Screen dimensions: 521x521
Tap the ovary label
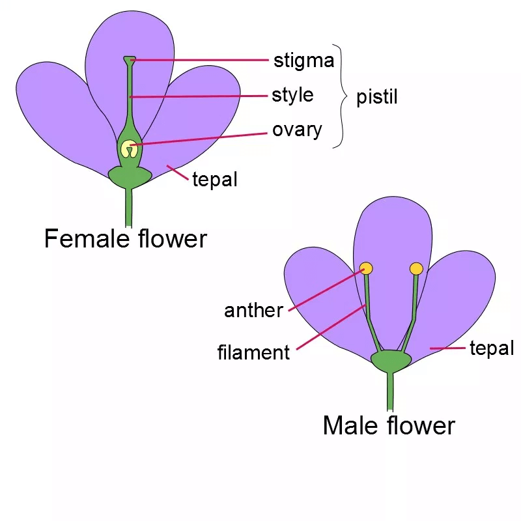pyautogui.click(x=297, y=130)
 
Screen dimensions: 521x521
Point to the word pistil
pyautogui.click(x=377, y=97)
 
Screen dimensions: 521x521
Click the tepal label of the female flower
pyautogui.click(x=215, y=180)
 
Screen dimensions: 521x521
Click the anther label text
pyautogui.click(x=253, y=311)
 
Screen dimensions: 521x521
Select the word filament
pyautogui.click(x=253, y=352)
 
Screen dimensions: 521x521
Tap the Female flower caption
pyautogui.click(x=126, y=238)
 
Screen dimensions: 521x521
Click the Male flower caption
pyautogui.click(x=389, y=425)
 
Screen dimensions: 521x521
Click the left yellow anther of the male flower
pyautogui.click(x=366, y=268)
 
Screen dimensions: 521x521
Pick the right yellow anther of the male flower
pyautogui.click(x=416, y=268)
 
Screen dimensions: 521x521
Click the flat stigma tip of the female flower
pyautogui.click(x=130, y=60)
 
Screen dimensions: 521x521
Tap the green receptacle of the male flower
pyautogui.click(x=391, y=361)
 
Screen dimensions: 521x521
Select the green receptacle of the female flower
pyautogui.click(x=130, y=176)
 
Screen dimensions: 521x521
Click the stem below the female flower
pyautogui.click(x=128, y=208)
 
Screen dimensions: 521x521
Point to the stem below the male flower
pyautogui.click(x=390, y=391)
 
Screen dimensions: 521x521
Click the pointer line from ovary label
pyautogui.click(x=199, y=139)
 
